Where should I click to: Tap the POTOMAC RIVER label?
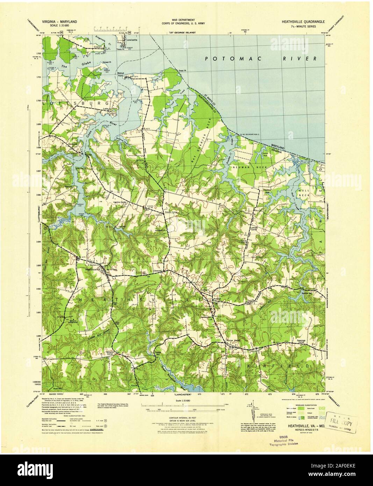pyautogui.click(x=260, y=58)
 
